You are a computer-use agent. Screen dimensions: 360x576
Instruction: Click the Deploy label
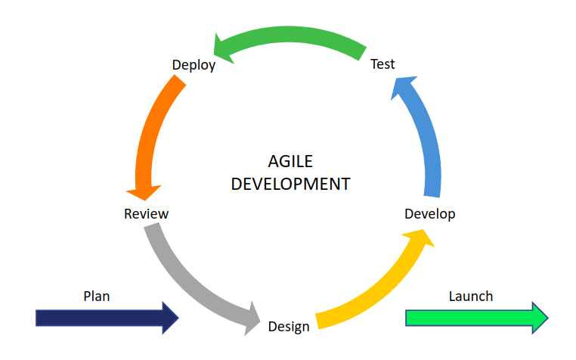pos(194,65)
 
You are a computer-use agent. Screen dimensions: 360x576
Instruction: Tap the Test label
pos(382,64)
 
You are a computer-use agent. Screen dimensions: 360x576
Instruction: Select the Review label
pos(146,214)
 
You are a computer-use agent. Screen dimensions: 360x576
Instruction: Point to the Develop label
pos(429,214)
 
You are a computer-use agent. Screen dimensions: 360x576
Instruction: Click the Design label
pos(289,327)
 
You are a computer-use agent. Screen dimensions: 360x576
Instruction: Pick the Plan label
pos(96,296)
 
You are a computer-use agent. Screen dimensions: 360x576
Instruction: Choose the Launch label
pos(470,296)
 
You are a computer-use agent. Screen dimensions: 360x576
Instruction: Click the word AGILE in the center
pos(290,161)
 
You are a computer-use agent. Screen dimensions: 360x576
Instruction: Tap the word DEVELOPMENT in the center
pos(290,184)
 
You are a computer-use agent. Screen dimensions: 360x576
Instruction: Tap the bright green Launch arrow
pos(469,318)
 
